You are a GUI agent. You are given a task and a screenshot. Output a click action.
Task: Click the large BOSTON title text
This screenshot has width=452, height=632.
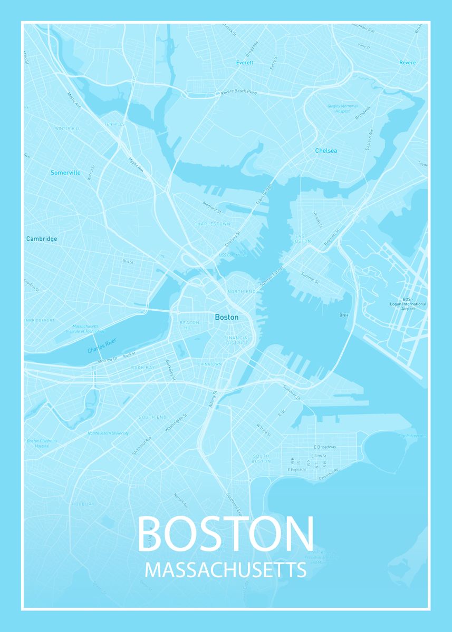[x=226, y=534]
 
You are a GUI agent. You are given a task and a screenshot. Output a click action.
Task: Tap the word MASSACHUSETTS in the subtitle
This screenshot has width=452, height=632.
[x=226, y=570]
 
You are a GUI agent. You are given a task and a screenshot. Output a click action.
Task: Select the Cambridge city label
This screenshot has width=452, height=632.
[x=42, y=239]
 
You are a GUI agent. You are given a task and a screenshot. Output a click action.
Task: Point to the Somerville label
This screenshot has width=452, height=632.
[x=65, y=173]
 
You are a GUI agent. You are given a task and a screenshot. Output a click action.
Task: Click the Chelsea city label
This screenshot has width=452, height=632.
[x=326, y=151]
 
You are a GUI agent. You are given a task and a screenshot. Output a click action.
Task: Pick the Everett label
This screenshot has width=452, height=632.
[x=245, y=63]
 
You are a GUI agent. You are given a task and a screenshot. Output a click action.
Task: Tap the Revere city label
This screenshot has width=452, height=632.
[x=407, y=63]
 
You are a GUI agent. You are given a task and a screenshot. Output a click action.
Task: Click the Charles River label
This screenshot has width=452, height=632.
[x=102, y=348]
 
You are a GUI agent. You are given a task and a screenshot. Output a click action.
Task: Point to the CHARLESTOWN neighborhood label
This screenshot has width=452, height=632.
[x=212, y=224]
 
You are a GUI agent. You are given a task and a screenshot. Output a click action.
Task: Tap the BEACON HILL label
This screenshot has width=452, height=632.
[x=189, y=325]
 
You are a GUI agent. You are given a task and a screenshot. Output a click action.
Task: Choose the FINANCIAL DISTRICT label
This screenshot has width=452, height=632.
[x=236, y=340]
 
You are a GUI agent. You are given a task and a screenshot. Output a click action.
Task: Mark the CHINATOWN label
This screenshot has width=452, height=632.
[x=210, y=364]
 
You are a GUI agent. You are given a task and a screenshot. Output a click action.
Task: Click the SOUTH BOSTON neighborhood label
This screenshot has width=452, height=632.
[x=261, y=458]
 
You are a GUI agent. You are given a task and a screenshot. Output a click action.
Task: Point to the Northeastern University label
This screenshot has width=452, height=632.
[x=108, y=433]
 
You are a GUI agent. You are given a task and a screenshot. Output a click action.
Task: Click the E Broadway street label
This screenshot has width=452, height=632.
[x=324, y=447]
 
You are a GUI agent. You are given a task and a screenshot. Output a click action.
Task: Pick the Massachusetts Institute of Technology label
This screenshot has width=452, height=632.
[x=85, y=329]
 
